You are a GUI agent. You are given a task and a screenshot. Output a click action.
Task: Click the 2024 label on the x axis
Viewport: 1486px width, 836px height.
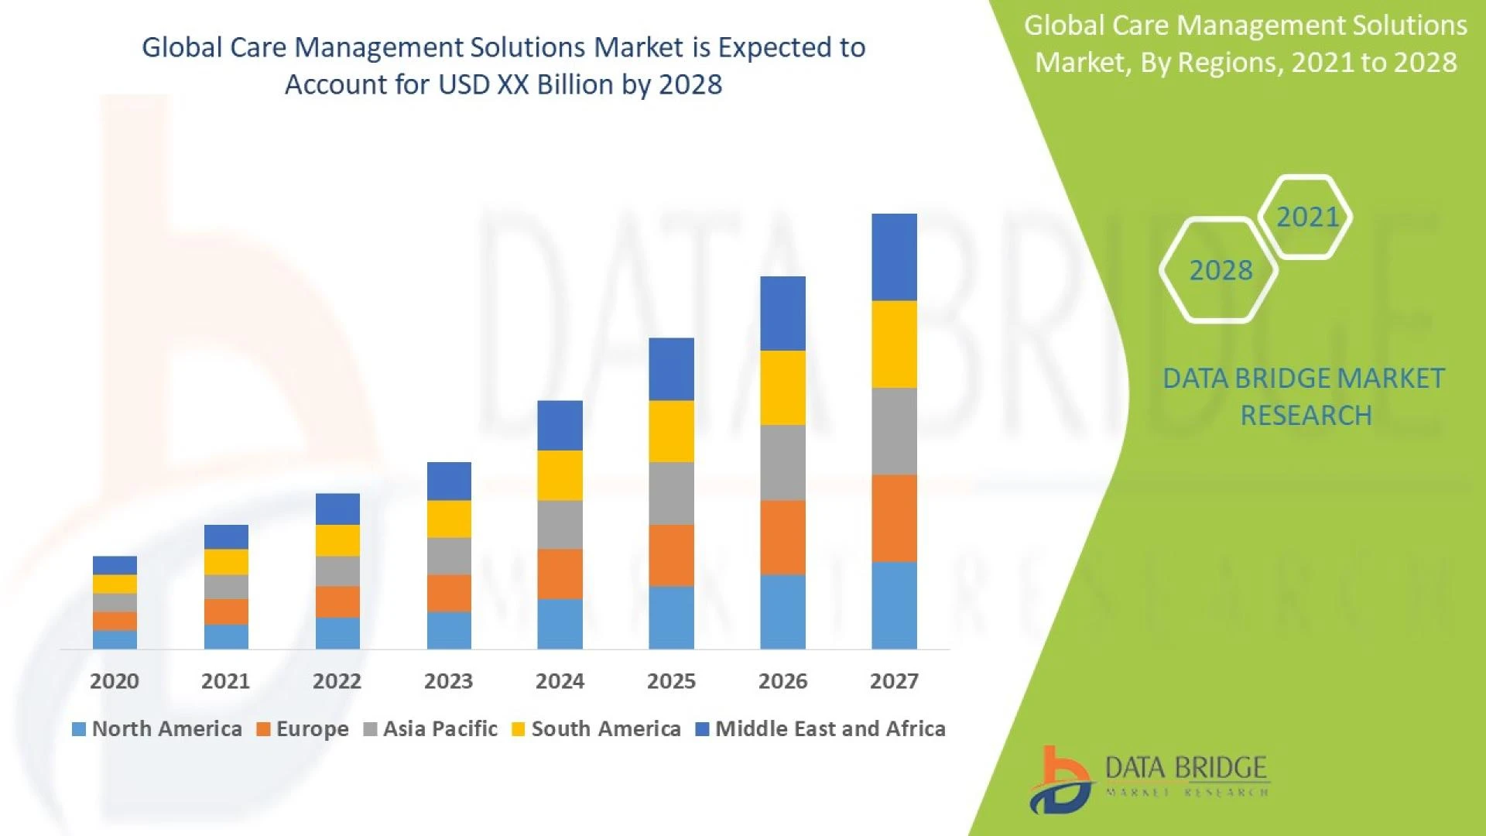pos(560,681)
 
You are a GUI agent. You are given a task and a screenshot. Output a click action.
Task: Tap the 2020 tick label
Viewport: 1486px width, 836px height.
pos(115,681)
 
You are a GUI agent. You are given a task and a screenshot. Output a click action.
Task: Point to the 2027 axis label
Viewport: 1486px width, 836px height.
pos(894,681)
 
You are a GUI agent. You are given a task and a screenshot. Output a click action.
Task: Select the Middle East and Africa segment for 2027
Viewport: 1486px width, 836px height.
pos(894,257)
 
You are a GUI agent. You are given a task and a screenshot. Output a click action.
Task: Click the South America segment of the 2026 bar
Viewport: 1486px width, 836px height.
pos(782,388)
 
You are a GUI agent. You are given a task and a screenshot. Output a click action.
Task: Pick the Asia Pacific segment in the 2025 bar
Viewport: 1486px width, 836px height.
pos(671,494)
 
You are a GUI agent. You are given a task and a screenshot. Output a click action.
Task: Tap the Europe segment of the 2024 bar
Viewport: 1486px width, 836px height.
pos(560,574)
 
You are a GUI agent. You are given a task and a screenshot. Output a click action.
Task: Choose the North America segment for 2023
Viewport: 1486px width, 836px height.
pos(449,631)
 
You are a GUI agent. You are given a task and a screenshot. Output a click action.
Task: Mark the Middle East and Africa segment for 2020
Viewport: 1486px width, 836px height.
pos(115,565)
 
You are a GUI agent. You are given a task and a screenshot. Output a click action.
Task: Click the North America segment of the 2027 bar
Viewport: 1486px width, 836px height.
pos(894,605)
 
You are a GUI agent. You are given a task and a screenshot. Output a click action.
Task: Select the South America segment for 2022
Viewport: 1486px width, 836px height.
pos(337,540)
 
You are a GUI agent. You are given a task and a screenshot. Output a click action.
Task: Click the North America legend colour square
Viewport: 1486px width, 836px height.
pos(78,729)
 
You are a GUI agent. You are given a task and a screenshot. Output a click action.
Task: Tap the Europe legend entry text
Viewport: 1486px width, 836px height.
pos(312,729)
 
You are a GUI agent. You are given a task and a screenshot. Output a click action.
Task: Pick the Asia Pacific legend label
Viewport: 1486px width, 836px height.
pos(440,729)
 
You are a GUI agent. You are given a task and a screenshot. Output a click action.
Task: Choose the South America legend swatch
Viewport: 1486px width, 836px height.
pos(519,729)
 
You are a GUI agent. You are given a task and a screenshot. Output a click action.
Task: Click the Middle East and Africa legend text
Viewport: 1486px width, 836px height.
pos(830,729)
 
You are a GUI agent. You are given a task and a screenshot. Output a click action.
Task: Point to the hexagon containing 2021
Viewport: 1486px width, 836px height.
pos(1306,217)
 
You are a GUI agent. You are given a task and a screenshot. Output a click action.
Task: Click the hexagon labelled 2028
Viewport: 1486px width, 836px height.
pos(1220,270)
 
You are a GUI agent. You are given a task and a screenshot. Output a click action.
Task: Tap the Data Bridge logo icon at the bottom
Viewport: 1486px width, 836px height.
pos(1060,780)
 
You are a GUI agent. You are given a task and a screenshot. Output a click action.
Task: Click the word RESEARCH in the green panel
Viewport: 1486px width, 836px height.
pos(1306,416)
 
